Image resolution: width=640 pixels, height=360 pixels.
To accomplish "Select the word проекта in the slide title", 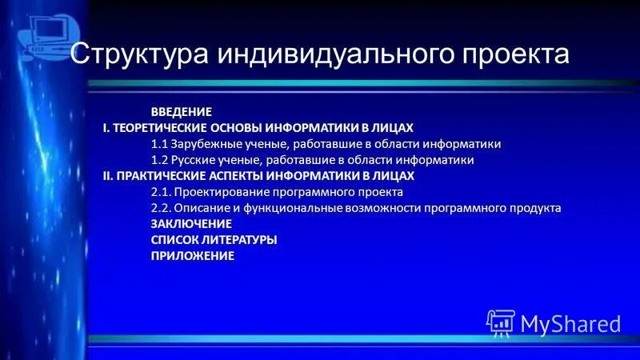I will [x=517, y=54].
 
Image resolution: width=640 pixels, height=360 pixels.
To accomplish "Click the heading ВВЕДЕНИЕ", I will [x=182, y=111].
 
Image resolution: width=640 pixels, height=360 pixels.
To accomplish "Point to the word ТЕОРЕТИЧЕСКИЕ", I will [x=161, y=128].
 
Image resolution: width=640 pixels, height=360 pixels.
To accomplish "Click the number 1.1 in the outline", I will [x=160, y=144].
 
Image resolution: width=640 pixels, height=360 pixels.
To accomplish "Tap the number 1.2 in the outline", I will [x=160, y=160].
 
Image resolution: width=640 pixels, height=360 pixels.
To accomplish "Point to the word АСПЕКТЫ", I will [x=236, y=176].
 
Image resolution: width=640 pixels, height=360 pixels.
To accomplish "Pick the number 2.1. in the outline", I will [x=162, y=192].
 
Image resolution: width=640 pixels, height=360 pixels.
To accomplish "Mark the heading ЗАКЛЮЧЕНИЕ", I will [x=191, y=224].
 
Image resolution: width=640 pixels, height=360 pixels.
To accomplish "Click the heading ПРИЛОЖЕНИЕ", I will [x=193, y=256].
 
